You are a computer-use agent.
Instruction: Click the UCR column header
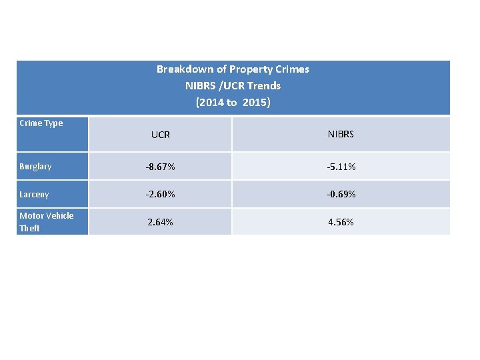[160, 135]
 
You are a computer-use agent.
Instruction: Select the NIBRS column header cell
[341, 134]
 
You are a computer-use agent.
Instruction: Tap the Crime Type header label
[41, 123]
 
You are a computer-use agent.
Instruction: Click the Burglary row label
[35, 167]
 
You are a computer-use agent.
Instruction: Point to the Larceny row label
[34, 195]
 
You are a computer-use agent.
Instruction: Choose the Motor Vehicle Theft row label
[46, 221]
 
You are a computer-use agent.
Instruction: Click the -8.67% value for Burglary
[161, 167]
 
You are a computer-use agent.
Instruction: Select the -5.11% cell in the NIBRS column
[341, 167]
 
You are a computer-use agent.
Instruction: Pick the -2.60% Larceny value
[161, 195]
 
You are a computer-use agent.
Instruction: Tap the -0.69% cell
[341, 195]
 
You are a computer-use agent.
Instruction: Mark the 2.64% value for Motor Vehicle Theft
[161, 222]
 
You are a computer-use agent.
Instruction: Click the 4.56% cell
[341, 222]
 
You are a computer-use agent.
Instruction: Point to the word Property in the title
[249, 69]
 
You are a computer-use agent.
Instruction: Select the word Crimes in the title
[292, 69]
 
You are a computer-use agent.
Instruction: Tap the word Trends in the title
[264, 86]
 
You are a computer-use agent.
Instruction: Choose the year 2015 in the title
[255, 103]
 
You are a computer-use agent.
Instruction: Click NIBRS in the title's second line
[200, 86]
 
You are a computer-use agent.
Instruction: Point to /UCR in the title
[233, 86]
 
